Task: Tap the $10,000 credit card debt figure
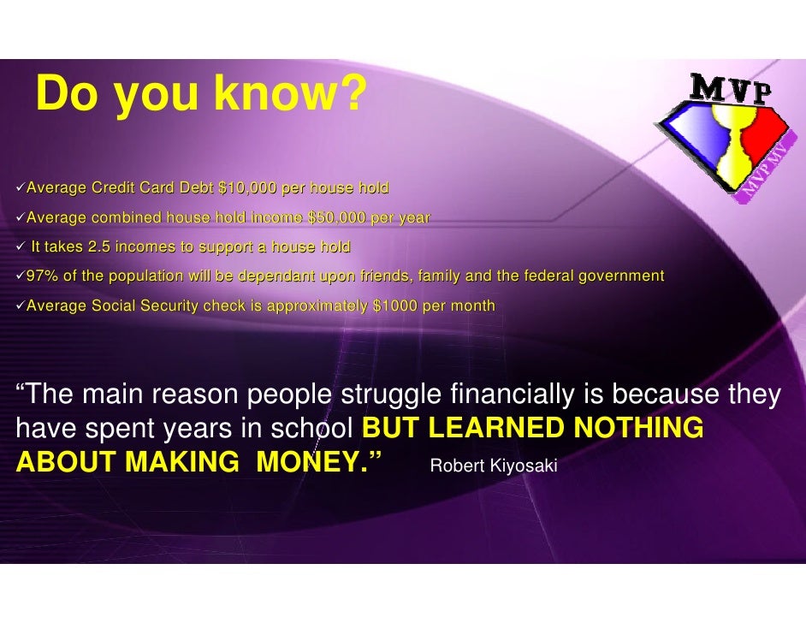(246, 187)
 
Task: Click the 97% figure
(40, 276)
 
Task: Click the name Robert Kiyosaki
(493, 466)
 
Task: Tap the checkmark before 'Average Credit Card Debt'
(21, 187)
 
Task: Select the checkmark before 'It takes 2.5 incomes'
(21, 247)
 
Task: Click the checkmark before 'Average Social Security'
(21, 306)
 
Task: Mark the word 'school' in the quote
(321, 428)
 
